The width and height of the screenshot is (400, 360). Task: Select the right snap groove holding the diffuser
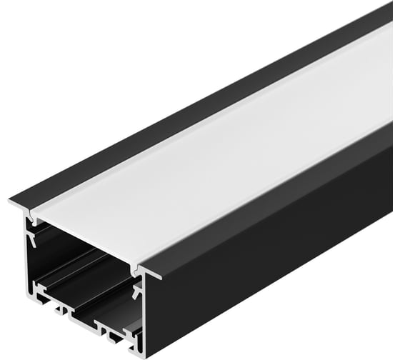point(136,270)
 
